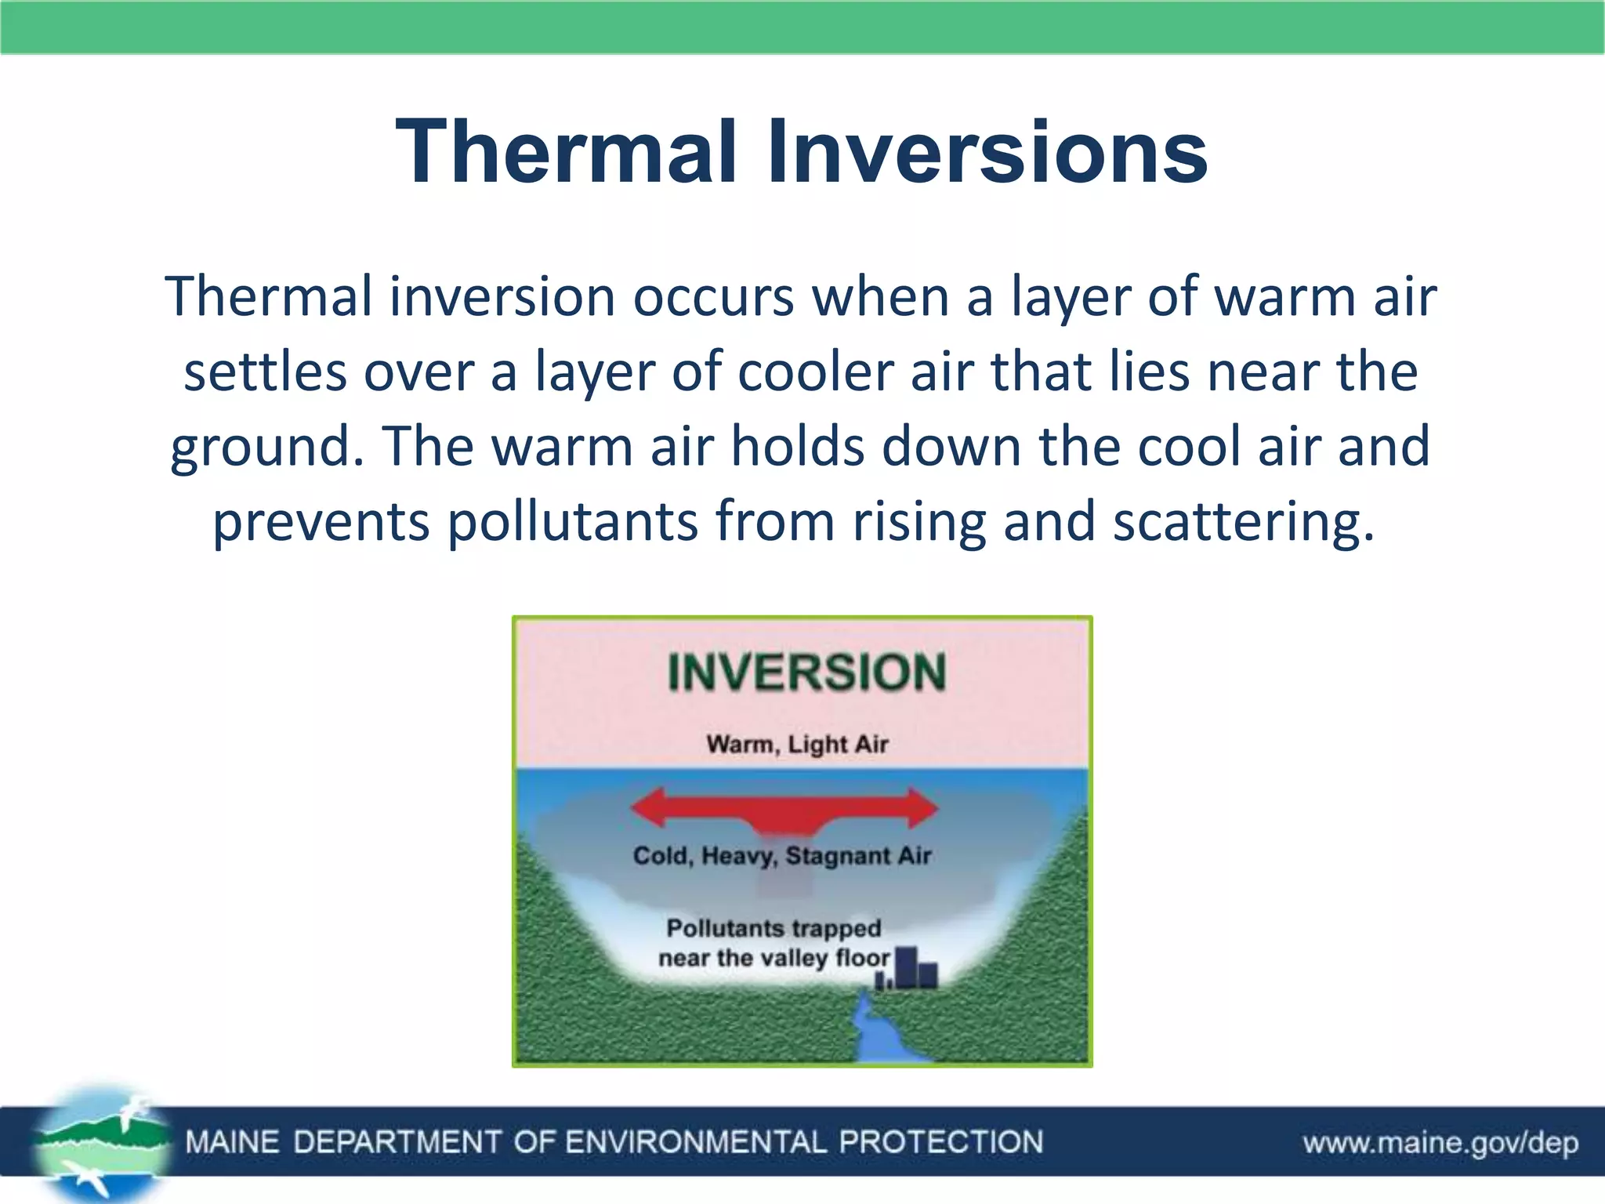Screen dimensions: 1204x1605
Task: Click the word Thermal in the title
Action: (x=567, y=151)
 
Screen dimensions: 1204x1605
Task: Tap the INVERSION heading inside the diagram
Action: (x=806, y=673)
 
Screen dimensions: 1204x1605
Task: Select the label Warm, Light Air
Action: (x=797, y=743)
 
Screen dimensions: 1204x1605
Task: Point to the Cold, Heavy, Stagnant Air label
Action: (x=781, y=855)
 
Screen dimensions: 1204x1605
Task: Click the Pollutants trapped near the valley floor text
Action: (x=774, y=943)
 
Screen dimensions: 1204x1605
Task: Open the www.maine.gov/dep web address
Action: (x=1440, y=1143)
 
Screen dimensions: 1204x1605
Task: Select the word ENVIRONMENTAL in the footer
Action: (x=695, y=1142)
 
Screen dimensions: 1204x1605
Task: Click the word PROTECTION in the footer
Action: (x=940, y=1142)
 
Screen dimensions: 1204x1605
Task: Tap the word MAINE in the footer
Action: (x=232, y=1142)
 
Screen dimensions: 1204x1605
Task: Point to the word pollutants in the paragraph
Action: (x=572, y=522)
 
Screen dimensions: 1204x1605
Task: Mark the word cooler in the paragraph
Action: (x=815, y=372)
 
